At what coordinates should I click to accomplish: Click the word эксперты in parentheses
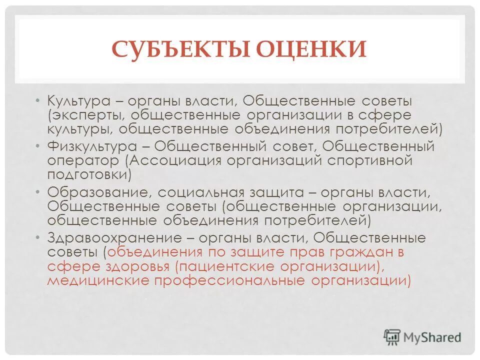[x=85, y=115]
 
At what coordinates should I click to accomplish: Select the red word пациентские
[x=222, y=266]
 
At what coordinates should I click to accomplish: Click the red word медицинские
[x=98, y=280]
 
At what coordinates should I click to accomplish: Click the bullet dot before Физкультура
[x=39, y=146]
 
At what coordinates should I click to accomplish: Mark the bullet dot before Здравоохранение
[x=39, y=237]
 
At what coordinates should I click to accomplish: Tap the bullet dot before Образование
[x=39, y=192]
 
